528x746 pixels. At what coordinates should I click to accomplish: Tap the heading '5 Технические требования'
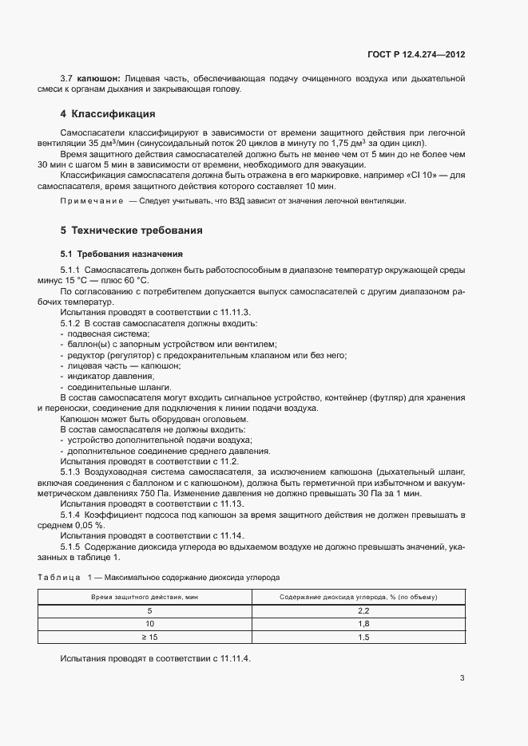point(131,231)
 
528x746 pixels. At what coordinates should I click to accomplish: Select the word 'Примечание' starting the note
point(91,201)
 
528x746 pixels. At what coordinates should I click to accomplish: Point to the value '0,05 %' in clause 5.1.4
point(90,525)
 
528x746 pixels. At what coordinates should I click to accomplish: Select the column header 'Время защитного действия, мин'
point(145,597)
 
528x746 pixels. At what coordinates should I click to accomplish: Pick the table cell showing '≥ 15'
point(145,637)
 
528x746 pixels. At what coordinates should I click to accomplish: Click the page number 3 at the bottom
point(462,679)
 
